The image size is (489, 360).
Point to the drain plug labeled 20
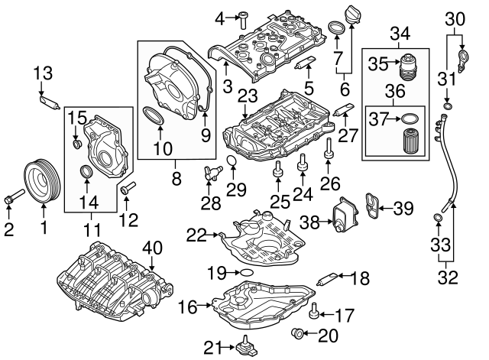click(x=299, y=332)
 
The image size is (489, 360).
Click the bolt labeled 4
click(x=242, y=16)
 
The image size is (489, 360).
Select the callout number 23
click(x=246, y=96)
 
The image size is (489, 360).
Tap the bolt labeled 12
click(x=128, y=187)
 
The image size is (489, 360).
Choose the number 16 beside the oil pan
click(x=186, y=307)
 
